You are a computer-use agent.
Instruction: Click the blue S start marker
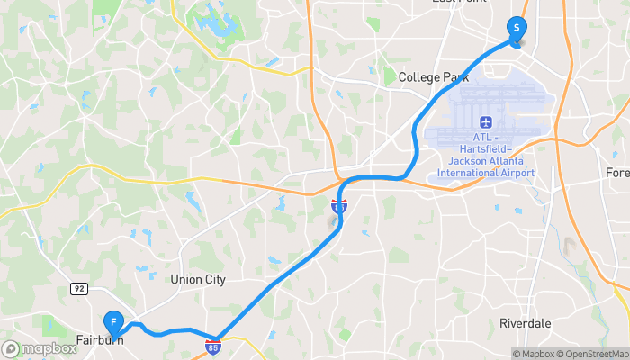(517, 28)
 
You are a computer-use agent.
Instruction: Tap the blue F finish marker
(113, 320)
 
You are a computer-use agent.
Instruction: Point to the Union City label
(198, 280)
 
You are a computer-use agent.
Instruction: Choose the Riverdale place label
(526, 323)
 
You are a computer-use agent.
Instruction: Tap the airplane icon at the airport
(486, 121)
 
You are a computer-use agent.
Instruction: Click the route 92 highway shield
(79, 287)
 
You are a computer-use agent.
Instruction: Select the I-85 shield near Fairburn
(213, 345)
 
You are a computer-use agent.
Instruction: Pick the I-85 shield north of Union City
(338, 206)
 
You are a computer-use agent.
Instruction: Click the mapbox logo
(39, 348)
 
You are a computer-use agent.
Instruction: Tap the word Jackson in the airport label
(455, 160)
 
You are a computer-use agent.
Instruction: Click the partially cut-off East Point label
(459, 2)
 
